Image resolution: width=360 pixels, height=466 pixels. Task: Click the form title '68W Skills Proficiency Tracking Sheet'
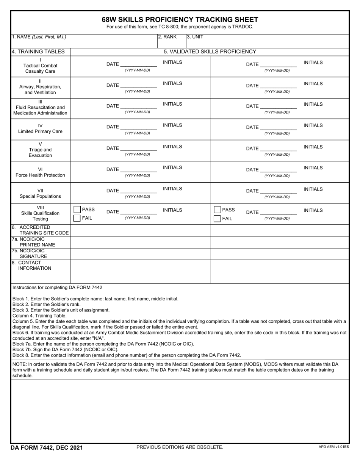click(x=180, y=20)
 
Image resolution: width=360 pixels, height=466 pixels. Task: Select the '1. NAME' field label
click(x=39, y=37)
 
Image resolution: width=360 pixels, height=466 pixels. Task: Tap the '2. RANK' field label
click(x=167, y=37)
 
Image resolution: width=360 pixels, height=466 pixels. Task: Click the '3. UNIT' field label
click(x=195, y=37)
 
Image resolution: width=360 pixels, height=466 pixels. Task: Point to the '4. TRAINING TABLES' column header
click(x=38, y=52)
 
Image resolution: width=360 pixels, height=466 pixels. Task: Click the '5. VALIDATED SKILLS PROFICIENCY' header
click(x=210, y=52)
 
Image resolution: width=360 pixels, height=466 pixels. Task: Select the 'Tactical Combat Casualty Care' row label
click(x=41, y=68)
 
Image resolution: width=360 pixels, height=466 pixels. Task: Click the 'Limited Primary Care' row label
click(x=41, y=131)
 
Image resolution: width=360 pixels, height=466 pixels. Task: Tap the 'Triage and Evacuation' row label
click(x=41, y=152)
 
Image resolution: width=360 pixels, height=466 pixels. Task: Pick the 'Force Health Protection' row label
click(x=41, y=175)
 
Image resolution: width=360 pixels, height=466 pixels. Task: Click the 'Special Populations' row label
click(x=41, y=196)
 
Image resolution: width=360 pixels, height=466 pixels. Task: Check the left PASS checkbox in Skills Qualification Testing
click(x=77, y=210)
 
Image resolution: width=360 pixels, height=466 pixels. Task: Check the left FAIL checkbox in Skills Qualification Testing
click(x=77, y=218)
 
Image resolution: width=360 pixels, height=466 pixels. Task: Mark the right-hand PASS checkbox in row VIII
click(x=217, y=210)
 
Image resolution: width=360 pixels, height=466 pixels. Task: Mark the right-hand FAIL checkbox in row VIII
click(x=217, y=218)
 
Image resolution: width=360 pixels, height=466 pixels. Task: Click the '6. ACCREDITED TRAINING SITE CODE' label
click(x=41, y=230)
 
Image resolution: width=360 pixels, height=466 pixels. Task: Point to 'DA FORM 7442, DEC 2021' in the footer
click(x=47, y=448)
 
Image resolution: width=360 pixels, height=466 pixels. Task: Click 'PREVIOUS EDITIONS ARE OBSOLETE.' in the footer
click(x=180, y=447)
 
